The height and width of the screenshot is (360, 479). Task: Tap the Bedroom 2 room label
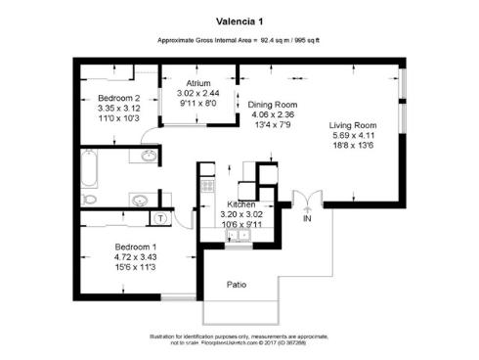coord(118,97)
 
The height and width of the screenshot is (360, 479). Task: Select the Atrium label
coord(198,84)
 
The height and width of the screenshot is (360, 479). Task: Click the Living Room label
coord(353,125)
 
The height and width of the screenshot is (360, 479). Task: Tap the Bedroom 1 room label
coord(136,246)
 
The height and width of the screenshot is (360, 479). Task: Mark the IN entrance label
coord(307,217)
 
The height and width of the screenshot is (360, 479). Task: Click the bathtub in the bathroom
coord(89,168)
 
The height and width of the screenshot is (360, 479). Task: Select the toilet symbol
coord(89,199)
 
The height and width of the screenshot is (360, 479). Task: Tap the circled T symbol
coord(160,216)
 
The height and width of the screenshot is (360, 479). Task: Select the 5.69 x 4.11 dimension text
coord(353,137)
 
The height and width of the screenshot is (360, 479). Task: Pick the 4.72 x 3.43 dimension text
coord(136,256)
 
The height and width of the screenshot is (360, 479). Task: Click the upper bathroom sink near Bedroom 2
coord(149,157)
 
